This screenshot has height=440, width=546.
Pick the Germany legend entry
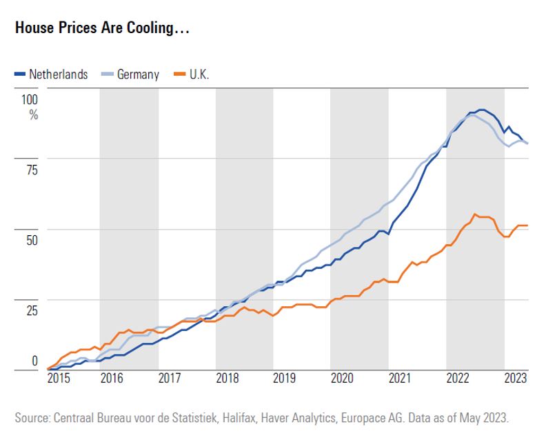point(137,74)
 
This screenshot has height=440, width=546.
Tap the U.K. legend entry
point(199,74)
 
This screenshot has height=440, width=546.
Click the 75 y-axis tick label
point(32,170)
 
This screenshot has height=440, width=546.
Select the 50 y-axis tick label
point(32,240)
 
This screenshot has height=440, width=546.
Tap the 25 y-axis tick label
point(32,310)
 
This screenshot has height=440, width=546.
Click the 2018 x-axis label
point(228,378)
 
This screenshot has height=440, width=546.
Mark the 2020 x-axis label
point(342,378)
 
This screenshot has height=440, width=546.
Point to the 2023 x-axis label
point(515,378)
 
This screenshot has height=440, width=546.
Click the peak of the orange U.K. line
point(475,214)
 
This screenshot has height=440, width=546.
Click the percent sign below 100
point(33,114)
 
